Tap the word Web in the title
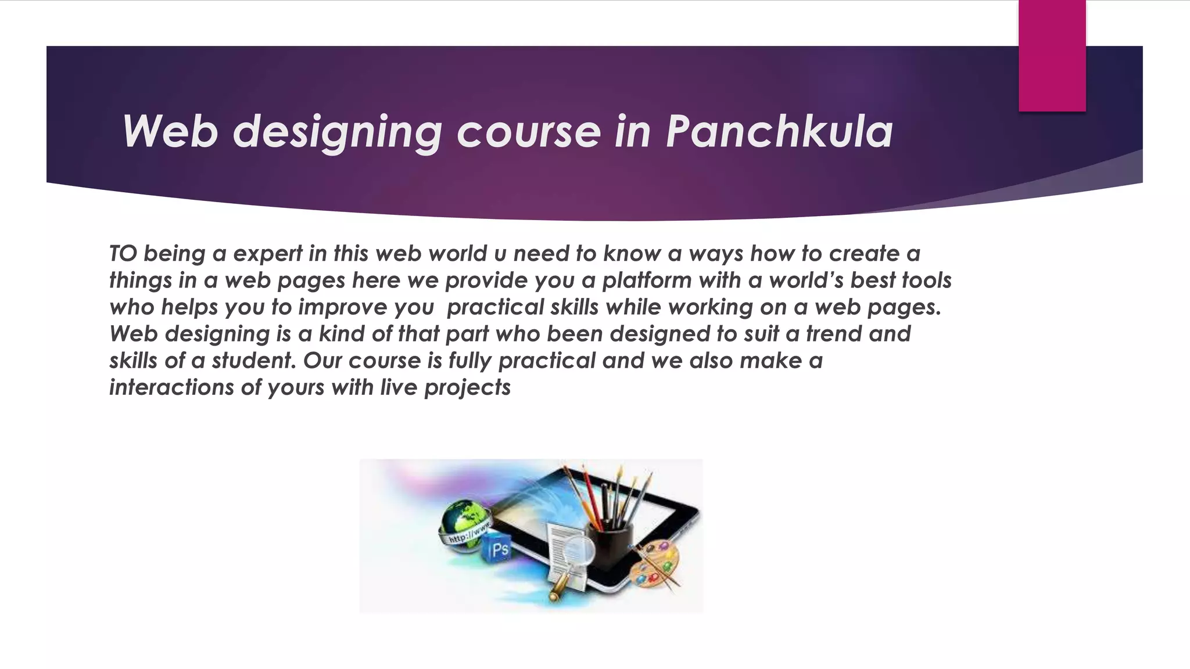point(170,131)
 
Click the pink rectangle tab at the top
point(1052,55)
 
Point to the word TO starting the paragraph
point(123,254)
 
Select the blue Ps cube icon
point(496,549)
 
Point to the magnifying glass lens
point(579,549)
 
